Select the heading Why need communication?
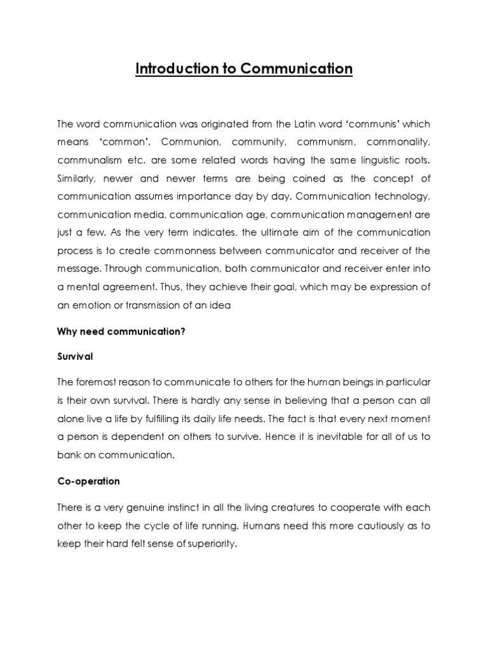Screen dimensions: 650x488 pos(121,332)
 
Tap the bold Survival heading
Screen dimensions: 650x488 pos(75,357)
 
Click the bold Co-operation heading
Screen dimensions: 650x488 pos(88,481)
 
